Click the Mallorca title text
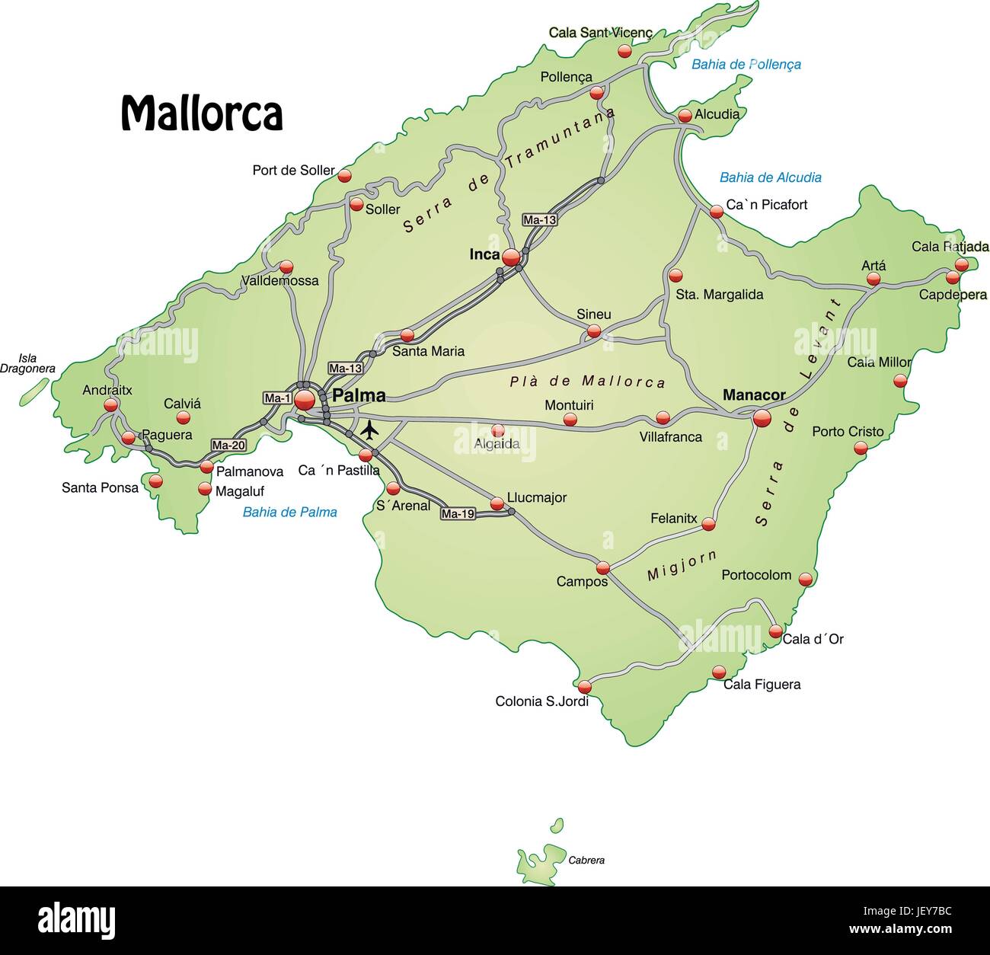pyautogui.click(x=202, y=114)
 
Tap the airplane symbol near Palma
pyautogui.click(x=369, y=430)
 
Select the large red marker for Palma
pyautogui.click(x=305, y=399)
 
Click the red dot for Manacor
pyautogui.click(x=762, y=417)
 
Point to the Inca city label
pyautogui.click(x=484, y=254)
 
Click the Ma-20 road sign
pyautogui.click(x=228, y=446)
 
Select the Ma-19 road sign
pyautogui.click(x=458, y=514)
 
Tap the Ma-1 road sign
pyautogui.click(x=277, y=398)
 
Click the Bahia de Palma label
pyautogui.click(x=289, y=513)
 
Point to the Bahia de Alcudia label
pyautogui.click(x=770, y=177)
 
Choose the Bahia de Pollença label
pyautogui.click(x=746, y=65)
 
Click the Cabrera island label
pyautogui.click(x=586, y=861)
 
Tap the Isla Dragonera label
pyautogui.click(x=27, y=363)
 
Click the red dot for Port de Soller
pyautogui.click(x=345, y=176)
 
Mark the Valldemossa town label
pyautogui.click(x=280, y=281)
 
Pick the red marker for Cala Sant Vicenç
pyautogui.click(x=624, y=51)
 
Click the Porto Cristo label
pyautogui.click(x=848, y=432)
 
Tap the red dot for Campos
pyautogui.click(x=603, y=567)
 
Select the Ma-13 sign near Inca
pyautogui.click(x=539, y=220)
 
